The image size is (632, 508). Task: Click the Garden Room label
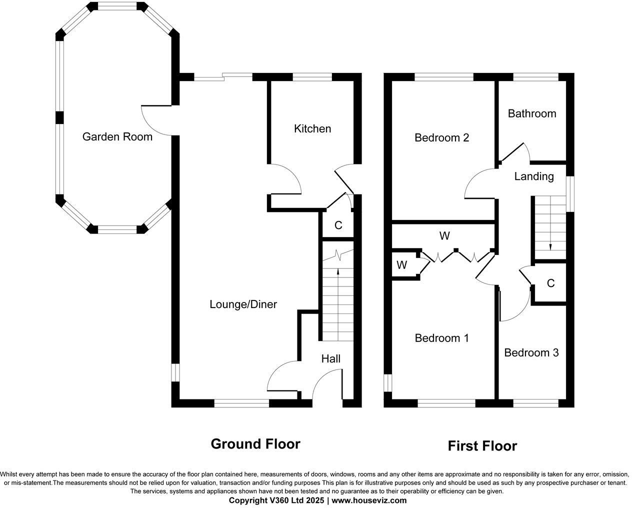pos(117,136)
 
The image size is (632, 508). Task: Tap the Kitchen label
pos(312,128)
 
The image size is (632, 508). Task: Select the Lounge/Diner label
pos(243,304)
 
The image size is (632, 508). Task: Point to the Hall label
pos(331,358)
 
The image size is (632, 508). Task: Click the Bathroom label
pos(531,113)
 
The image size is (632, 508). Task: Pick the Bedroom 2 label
pos(441,137)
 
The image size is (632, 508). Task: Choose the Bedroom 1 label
pos(441,338)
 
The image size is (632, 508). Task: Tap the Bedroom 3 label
pos(531,352)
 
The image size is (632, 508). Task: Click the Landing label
pos(533,176)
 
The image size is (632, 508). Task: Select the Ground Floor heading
pos(255,443)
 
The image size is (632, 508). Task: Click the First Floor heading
pos(482,445)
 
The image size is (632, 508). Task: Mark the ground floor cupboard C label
pos(338,225)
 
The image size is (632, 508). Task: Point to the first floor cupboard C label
pos(550,283)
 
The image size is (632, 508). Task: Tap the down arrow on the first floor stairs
pos(550,245)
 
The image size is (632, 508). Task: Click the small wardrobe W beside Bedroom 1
pos(401,265)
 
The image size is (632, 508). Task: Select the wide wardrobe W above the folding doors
pos(444,235)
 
